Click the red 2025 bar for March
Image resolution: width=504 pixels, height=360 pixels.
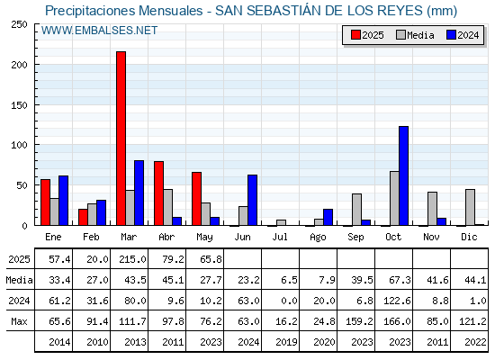tap(121, 139)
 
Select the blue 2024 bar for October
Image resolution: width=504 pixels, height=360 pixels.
tap(404, 175)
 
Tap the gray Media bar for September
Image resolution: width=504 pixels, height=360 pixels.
tap(356, 210)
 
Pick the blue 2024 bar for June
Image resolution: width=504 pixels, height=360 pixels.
tap(252, 200)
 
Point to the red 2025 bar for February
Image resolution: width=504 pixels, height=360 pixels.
tap(83, 217)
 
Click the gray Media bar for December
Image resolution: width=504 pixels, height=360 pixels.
tap(470, 207)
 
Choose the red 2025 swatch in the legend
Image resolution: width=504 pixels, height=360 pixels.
tap(355, 35)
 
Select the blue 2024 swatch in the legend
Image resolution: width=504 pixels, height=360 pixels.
tap(452, 35)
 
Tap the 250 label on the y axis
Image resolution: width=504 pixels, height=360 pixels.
tap(19, 24)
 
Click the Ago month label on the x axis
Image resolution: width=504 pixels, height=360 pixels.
tap(318, 238)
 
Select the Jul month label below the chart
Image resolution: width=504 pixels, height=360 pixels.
tap(280, 237)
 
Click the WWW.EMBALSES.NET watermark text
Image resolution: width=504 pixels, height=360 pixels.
tap(99, 31)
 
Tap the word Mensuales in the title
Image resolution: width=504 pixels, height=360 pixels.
tap(171, 11)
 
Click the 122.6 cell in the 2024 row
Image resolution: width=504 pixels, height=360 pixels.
tap(397, 301)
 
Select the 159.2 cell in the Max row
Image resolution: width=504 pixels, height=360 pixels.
tap(359, 321)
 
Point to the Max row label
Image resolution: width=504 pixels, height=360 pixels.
tap(19, 321)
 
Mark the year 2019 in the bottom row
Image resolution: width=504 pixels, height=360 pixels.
tap(286, 342)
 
